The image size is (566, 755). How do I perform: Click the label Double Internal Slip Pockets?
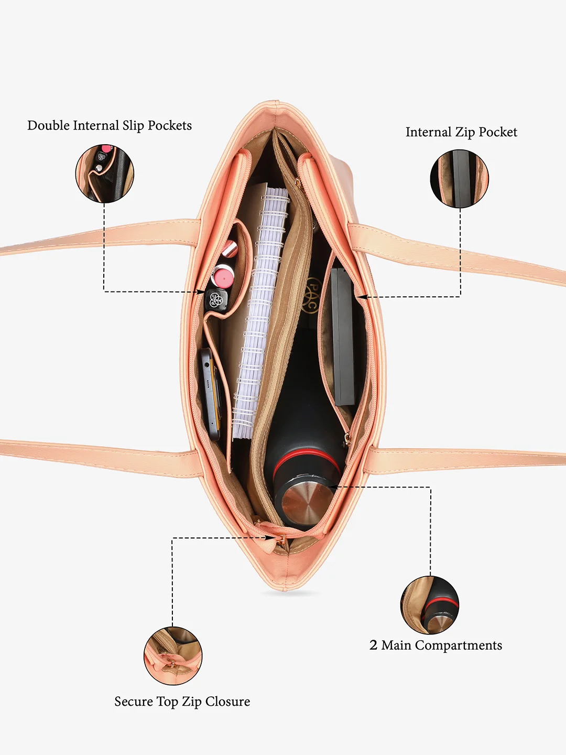[110, 126]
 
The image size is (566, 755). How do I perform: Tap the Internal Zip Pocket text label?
[461, 133]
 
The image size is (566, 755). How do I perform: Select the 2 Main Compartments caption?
[436, 645]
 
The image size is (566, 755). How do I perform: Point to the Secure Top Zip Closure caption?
[182, 702]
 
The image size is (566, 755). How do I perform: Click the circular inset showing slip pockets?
[105, 174]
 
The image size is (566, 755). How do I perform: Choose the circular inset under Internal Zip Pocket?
[460, 178]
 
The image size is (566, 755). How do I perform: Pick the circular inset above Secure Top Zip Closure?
[173, 656]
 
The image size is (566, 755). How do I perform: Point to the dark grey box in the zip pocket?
[343, 337]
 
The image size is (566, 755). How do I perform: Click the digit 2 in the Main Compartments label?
[373, 644]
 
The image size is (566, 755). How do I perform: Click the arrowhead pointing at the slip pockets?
[201, 292]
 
